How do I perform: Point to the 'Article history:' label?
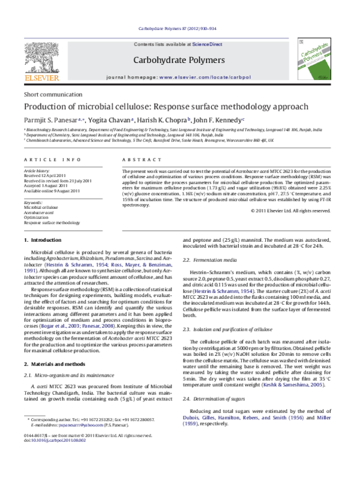(37, 170)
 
